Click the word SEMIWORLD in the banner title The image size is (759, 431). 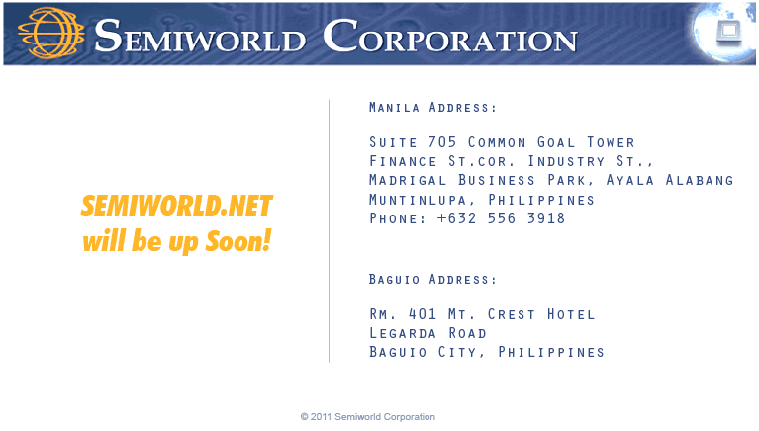coord(201,38)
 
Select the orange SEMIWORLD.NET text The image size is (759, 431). coord(176,206)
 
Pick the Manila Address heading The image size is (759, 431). coord(432,107)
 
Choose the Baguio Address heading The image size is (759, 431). coord(432,280)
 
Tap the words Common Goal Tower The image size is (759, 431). coord(551,142)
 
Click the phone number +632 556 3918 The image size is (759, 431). coord(502,218)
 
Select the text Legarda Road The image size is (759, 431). coord(427,333)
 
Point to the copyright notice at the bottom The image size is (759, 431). coord(368,417)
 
